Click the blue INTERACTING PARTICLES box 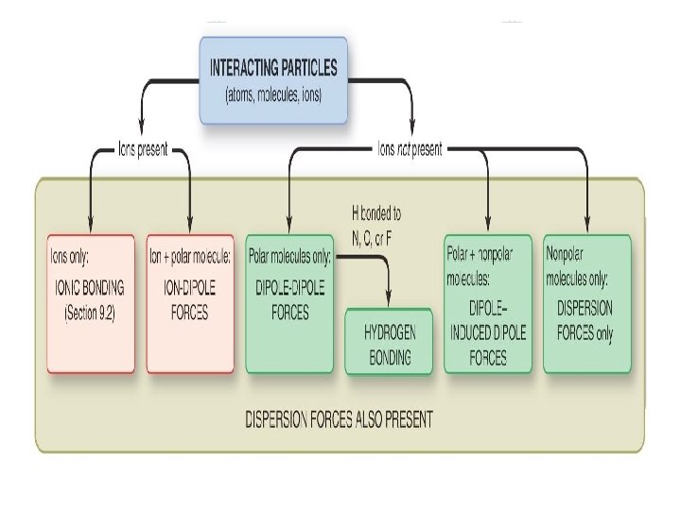[x=272, y=79]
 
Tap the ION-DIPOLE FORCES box [x=190, y=302]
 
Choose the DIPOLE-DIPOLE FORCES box [x=289, y=302]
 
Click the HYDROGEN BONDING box [x=391, y=340]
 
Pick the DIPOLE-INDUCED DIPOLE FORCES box [x=487, y=302]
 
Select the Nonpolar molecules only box [x=586, y=302]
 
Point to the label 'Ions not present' [x=410, y=148]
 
